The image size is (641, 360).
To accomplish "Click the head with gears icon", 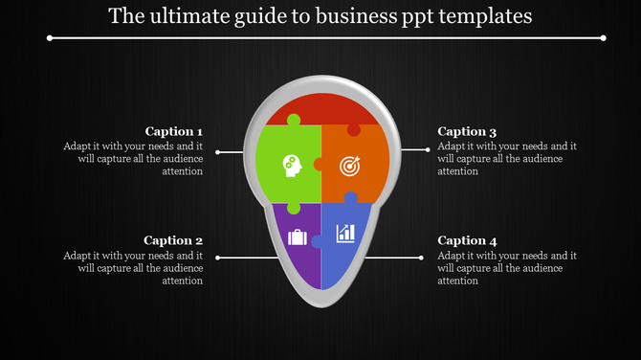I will [x=291, y=166].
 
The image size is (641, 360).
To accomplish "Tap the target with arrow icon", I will [x=350, y=166].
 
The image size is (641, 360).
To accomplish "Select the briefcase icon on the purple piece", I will [x=297, y=236].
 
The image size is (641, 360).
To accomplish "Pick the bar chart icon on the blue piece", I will [x=345, y=233].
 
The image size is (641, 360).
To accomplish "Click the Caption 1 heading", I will [x=173, y=131].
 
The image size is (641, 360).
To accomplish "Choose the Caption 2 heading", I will [x=173, y=240].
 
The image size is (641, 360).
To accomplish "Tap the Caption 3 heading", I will [x=467, y=131].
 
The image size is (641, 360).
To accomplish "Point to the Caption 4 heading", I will [x=467, y=240].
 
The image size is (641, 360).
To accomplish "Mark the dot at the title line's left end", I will [x=49, y=38].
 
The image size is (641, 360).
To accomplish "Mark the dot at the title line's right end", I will [x=604, y=38].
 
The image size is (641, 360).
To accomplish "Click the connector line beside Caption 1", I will [x=232, y=151].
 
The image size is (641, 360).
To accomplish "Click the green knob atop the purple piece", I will [x=294, y=208].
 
